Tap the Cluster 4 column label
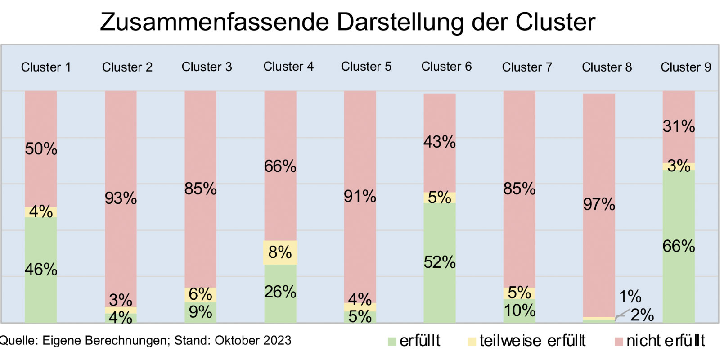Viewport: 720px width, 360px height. [x=288, y=67]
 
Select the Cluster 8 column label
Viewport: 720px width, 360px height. [x=607, y=67]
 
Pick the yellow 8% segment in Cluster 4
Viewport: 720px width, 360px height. [x=280, y=252]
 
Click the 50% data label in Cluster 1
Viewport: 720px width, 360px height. [x=41, y=149]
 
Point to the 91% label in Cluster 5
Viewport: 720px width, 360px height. [x=360, y=197]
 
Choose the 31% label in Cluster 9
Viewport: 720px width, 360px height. [x=679, y=126]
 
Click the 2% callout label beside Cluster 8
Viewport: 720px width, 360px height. [x=642, y=315]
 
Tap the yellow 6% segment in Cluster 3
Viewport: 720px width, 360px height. [x=200, y=295]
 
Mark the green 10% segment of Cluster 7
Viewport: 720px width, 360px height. [x=519, y=311]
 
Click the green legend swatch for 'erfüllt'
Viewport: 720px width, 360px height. [x=392, y=342]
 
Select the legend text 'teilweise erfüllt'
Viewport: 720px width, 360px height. [x=532, y=341]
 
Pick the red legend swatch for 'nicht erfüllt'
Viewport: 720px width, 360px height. [x=619, y=342]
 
